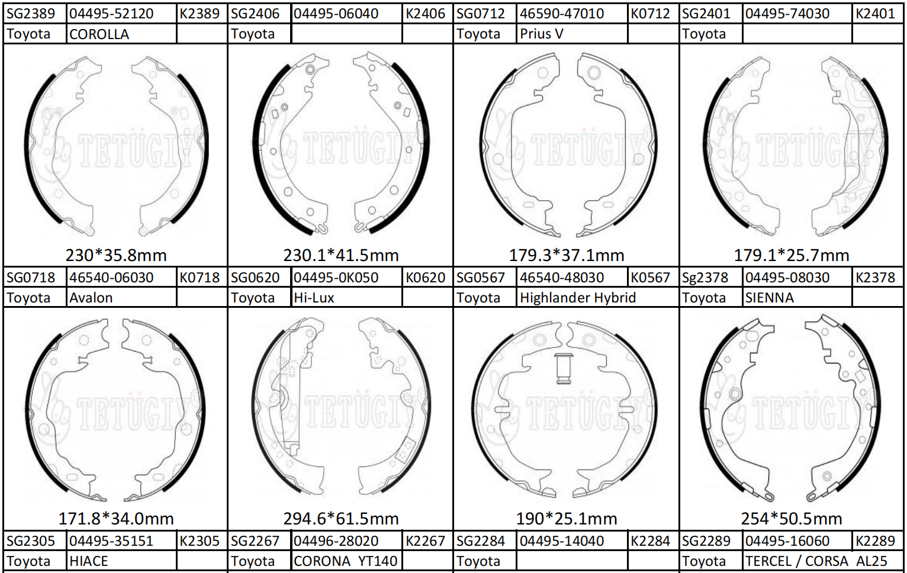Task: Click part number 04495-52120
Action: pos(111,14)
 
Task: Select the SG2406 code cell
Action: pos(255,14)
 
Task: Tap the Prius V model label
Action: pos(541,34)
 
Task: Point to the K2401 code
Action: pos(876,14)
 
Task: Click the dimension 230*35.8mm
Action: pos(116,255)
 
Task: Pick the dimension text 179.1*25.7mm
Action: pos(792,255)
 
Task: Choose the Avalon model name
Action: pos(91,298)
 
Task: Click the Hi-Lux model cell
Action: pos(314,298)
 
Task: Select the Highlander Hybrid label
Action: pos(578,298)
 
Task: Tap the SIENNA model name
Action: pos(769,298)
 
